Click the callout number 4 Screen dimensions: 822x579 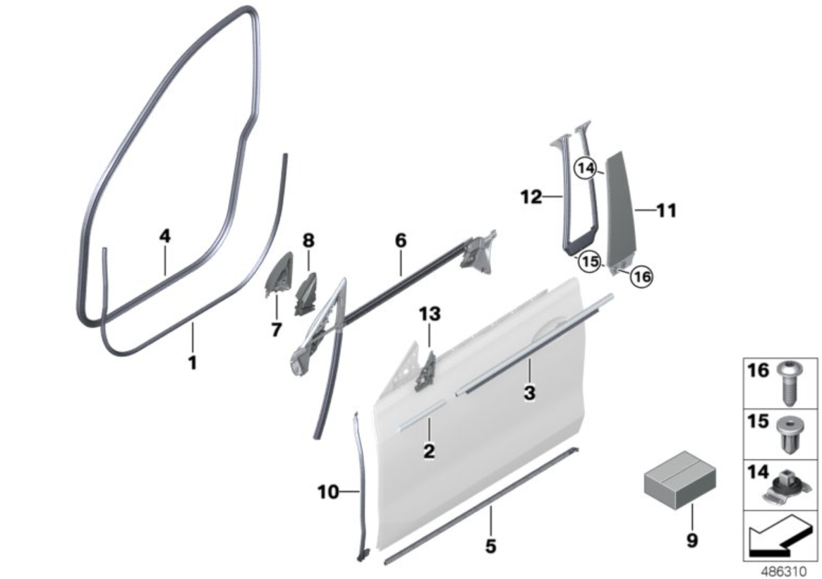coord(165,236)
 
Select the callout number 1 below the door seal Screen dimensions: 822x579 coord(193,362)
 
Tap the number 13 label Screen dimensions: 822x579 coord(430,314)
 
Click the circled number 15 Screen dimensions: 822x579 coord(589,261)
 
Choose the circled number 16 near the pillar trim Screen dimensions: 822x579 coord(641,276)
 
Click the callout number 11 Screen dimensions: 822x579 coord(666,211)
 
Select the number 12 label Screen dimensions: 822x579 coord(531,197)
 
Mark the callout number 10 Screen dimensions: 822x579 coord(328,492)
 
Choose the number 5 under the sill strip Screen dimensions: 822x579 coord(490,546)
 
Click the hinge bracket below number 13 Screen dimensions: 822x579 coord(426,372)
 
